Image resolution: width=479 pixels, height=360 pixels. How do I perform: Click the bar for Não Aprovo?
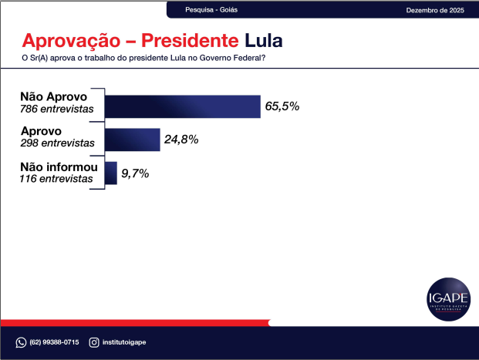tap(182, 106)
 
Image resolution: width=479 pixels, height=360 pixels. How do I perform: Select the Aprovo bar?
tap(132, 140)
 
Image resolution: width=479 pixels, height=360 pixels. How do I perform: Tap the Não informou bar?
tap(110, 173)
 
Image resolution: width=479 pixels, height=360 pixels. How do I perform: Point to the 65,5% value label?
tap(282, 106)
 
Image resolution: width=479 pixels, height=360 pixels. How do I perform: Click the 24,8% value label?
tap(181, 140)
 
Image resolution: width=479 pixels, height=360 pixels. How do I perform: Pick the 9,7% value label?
tap(135, 173)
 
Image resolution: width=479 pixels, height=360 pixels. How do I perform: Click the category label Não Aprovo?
tap(55, 99)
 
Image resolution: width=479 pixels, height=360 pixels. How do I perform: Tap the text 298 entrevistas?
tap(57, 143)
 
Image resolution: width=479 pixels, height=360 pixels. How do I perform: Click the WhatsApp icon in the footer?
tap(21, 342)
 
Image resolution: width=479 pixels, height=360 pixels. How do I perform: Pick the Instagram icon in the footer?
tap(94, 342)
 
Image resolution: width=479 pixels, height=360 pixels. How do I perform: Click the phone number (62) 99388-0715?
tap(54, 342)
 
